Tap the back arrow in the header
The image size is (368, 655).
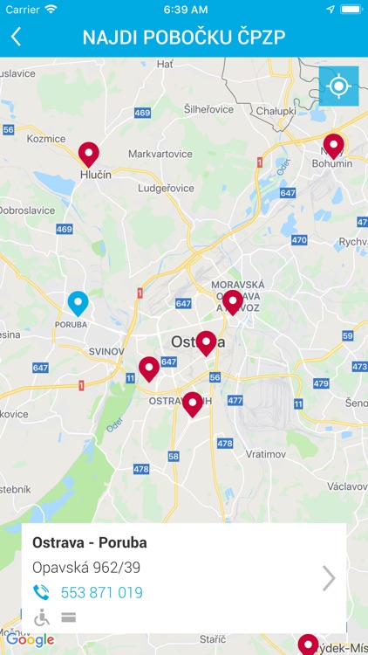click(16, 37)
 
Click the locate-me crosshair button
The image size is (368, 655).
click(338, 86)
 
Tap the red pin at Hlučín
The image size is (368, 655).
click(89, 154)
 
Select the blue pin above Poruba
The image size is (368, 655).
click(78, 302)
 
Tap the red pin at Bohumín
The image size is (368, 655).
click(333, 145)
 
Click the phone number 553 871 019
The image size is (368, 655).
click(101, 593)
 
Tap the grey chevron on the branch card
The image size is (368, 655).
click(329, 578)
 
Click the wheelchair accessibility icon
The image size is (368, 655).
click(41, 617)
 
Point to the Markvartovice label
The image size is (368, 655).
click(160, 154)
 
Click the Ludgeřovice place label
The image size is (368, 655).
click(166, 188)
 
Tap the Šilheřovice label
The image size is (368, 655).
click(210, 109)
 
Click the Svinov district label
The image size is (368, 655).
click(108, 351)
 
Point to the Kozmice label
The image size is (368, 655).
click(46, 139)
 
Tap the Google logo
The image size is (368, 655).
click(30, 640)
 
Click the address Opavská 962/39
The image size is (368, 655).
click(86, 568)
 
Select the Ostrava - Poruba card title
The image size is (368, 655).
click(90, 542)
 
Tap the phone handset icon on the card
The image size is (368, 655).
click(41, 593)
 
